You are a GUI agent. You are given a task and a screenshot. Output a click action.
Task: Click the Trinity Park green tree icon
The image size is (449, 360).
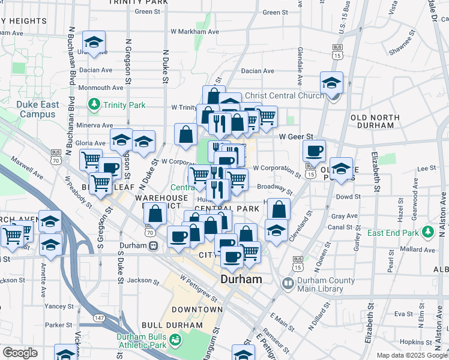(94, 105)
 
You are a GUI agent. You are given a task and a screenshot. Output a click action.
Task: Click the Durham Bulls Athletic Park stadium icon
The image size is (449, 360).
(175, 340)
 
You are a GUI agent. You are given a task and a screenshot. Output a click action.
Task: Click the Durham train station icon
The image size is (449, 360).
(154, 245)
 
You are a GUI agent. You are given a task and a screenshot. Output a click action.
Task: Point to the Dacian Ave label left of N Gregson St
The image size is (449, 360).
(97, 70)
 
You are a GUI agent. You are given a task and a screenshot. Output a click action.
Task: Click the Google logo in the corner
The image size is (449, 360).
(20, 353)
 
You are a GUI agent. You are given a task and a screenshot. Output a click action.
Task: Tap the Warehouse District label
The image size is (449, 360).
(161, 202)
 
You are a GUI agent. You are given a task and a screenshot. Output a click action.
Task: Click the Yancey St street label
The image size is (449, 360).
(59, 306)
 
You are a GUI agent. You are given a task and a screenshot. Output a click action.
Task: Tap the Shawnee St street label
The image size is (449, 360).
(403, 46)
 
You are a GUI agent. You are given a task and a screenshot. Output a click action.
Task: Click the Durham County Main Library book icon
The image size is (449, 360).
(289, 283)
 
